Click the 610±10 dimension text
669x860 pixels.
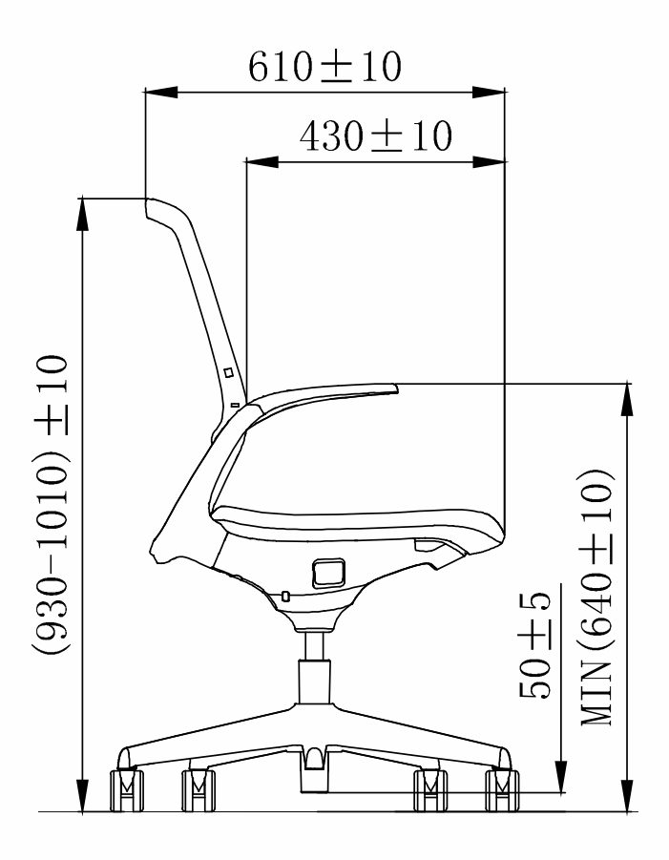pos(325,67)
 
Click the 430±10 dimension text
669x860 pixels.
pos(376,136)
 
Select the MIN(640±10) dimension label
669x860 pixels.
pos(596,597)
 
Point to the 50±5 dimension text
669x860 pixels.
pos(534,645)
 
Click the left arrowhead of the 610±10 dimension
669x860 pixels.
pos(161,93)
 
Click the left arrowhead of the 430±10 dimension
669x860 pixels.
pos(262,162)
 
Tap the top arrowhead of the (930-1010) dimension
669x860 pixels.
pos(82,214)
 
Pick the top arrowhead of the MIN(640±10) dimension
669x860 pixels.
pos(627,400)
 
